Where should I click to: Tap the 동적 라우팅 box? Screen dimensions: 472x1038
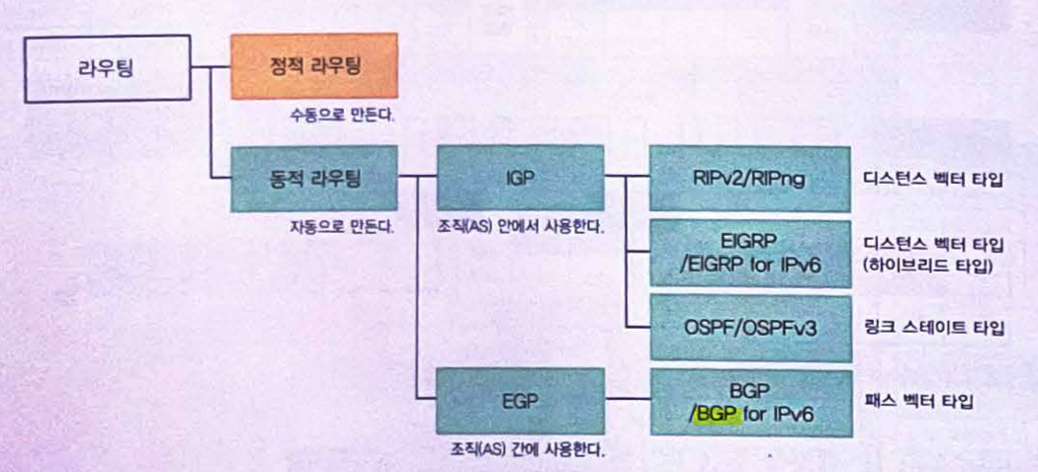(313, 179)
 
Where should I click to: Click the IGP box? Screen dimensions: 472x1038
(520, 179)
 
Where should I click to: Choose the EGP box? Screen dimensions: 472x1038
(520, 400)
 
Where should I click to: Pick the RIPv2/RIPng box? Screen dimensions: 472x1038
(750, 179)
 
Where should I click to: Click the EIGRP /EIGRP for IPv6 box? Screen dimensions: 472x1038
(750, 253)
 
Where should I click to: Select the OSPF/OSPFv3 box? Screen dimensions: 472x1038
(750, 326)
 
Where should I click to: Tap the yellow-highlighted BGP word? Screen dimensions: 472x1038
(717, 415)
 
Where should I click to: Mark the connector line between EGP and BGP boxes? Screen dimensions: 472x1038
(626, 400)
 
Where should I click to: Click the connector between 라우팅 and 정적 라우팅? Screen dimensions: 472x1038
(210, 68)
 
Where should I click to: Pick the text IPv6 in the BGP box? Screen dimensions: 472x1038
(791, 415)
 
